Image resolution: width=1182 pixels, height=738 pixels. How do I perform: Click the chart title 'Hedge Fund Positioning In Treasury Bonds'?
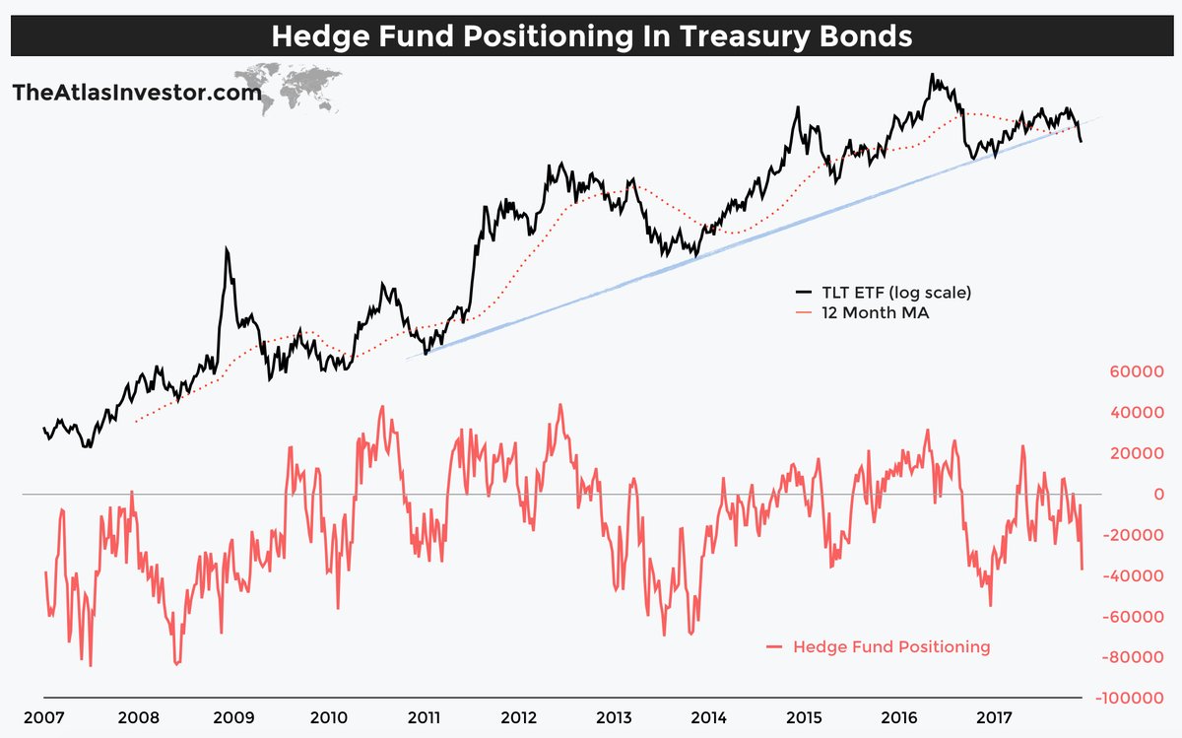click(591, 36)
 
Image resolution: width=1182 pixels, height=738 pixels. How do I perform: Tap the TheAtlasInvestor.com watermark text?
click(137, 94)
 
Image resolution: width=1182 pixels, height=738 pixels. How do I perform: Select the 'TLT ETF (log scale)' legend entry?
click(883, 293)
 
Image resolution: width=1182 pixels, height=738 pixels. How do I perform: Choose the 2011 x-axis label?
click(423, 716)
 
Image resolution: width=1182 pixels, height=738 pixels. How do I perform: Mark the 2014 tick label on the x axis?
click(708, 716)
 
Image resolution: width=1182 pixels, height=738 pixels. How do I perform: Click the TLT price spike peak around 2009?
click(227, 248)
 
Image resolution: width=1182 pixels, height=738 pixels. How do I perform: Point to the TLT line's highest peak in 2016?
click(931, 74)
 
